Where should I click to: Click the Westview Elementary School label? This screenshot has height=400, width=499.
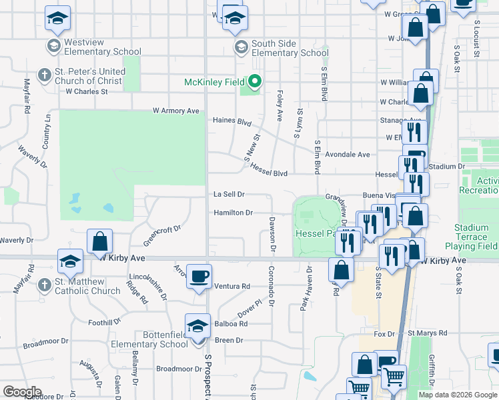tap(102, 47)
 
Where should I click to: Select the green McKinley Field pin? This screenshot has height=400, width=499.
tap(254, 83)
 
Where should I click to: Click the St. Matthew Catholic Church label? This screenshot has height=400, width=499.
tap(87, 286)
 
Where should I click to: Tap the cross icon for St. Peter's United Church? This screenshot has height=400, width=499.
tap(45, 75)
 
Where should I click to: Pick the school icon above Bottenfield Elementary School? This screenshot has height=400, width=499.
tap(197, 327)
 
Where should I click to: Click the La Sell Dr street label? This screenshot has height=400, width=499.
tap(229, 194)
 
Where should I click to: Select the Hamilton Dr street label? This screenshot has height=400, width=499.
tap(233, 213)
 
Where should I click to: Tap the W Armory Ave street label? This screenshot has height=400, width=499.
tap(176, 111)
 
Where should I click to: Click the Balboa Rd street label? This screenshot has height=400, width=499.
tap(231, 323)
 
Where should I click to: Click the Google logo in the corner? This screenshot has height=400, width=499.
tap(22, 391)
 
